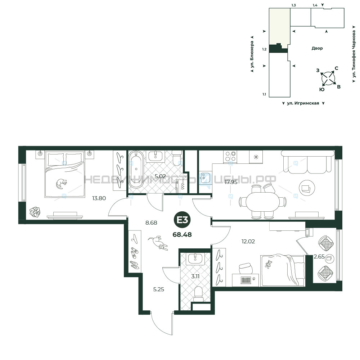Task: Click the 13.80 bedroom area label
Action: click(99, 198)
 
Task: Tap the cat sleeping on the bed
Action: click(62, 184)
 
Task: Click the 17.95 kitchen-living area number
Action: click(231, 182)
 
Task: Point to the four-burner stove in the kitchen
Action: click(230, 157)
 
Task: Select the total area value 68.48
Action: click(182, 235)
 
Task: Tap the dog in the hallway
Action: click(158, 243)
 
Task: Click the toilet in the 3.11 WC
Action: click(198, 294)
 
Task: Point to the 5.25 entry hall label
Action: click(159, 289)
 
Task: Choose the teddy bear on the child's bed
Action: click(268, 264)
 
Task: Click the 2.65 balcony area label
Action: click(319, 257)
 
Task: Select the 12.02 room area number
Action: click(248, 241)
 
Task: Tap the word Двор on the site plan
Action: click(317, 48)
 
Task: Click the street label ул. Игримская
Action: click(303, 103)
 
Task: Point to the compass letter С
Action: click(336, 68)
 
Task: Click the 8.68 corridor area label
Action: click(151, 223)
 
